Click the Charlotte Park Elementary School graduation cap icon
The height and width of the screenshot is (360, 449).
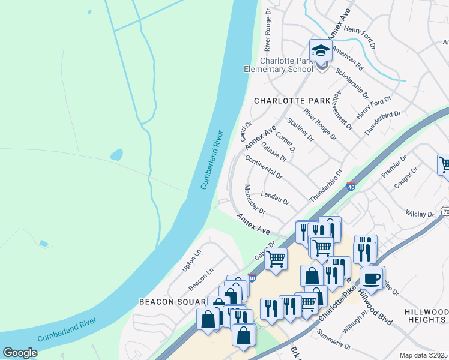[321, 52]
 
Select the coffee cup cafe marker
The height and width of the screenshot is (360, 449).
[372, 279]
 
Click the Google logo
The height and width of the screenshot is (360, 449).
[20, 353]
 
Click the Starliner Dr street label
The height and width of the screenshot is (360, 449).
[301, 130]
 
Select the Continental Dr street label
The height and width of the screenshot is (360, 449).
[264, 166]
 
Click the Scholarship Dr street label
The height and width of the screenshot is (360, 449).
[352, 83]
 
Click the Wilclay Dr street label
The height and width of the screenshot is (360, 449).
[419, 214]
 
